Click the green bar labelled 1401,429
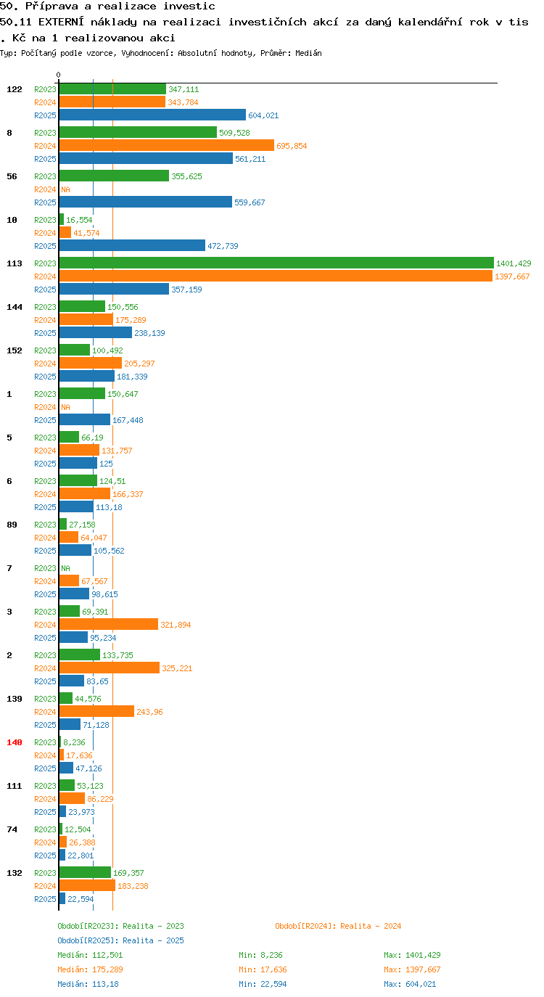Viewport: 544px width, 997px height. pyautogui.click(x=276, y=263)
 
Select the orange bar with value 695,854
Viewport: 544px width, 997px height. pyautogui.click(x=166, y=146)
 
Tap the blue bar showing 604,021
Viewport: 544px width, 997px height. pyautogui.click(x=152, y=115)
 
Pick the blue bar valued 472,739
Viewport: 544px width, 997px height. pyautogui.click(x=132, y=246)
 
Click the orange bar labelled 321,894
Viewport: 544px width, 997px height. pyautogui.click(x=109, y=625)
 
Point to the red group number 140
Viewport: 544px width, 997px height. pyautogui.click(x=15, y=742)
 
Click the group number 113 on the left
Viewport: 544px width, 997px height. pyautogui.click(x=15, y=263)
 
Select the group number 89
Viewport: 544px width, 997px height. pyautogui.click(x=12, y=525)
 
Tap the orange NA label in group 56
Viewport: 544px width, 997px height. pyautogui.click(x=65, y=189)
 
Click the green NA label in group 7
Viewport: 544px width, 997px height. pyautogui.click(x=65, y=568)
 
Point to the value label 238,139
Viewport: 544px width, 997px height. pyautogui.click(x=149, y=333)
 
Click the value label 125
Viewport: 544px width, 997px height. pyautogui.click(x=106, y=464)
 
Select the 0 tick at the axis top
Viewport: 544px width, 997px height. pyautogui.click(x=58, y=75)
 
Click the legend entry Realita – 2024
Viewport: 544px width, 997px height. pyautogui.click(x=338, y=926)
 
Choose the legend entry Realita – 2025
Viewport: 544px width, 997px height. pyautogui.click(x=120, y=940)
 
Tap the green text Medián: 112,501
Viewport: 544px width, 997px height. pyautogui.click(x=90, y=955)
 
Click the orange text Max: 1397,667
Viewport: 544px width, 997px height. pyautogui.click(x=412, y=969)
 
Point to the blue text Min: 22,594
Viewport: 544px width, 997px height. pyautogui.click(x=263, y=984)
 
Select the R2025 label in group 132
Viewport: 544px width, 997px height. pyautogui.click(x=46, y=899)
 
